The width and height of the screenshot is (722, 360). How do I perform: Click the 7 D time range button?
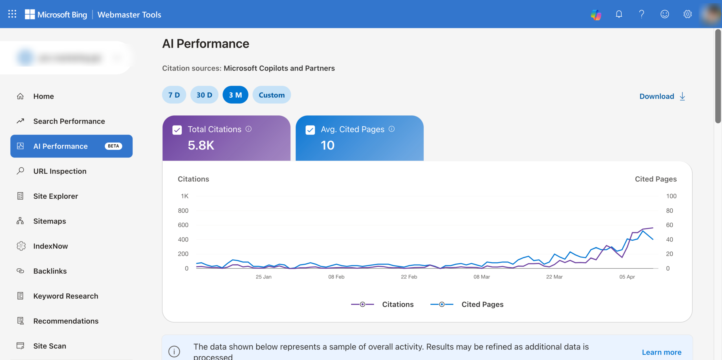[x=174, y=95]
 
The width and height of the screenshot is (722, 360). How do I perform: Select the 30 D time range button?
[x=204, y=95]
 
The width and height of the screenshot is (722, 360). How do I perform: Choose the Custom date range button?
[x=272, y=95]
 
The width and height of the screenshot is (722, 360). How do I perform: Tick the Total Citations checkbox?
[x=177, y=130]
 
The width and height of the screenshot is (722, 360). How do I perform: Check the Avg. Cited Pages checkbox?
[x=310, y=130]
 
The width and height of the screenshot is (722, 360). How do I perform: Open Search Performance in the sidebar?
[x=69, y=121]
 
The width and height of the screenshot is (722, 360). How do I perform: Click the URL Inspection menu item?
[x=60, y=171]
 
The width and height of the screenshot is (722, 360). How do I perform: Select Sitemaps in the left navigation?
[x=50, y=221]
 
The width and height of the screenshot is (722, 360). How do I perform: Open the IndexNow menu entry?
[x=50, y=246]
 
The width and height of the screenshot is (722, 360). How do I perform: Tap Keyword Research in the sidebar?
[x=66, y=296]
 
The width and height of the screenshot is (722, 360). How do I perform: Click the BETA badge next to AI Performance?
[x=113, y=146]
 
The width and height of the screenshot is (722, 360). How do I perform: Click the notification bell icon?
[x=619, y=14]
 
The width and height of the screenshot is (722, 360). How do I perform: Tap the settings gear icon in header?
[x=687, y=14]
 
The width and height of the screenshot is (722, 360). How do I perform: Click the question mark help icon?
[x=642, y=14]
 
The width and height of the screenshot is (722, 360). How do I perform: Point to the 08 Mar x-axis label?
[x=481, y=277]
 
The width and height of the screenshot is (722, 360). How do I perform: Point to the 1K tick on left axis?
[x=184, y=196]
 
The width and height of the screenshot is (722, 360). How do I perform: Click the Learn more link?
[x=661, y=352]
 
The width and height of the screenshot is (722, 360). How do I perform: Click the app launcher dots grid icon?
[x=12, y=14]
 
